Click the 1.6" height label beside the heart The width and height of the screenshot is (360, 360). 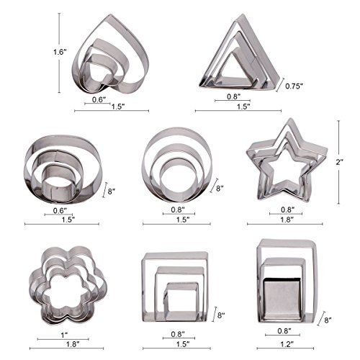point(60,52)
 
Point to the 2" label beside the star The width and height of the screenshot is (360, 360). point(339,162)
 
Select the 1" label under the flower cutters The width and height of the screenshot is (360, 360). point(64,335)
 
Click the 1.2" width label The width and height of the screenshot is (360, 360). point(287,344)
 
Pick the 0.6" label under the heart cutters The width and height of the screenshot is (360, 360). point(99,99)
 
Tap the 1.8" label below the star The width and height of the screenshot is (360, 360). point(287,220)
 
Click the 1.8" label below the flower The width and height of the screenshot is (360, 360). point(73,344)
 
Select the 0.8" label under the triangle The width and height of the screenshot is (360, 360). point(234,96)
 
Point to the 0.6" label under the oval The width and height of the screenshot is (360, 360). point(60,211)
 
